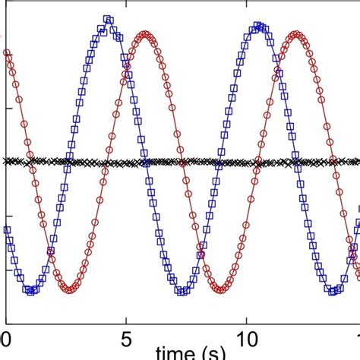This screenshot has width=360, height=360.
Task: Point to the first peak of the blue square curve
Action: [x=108, y=21]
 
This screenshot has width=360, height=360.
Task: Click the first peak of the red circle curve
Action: [x=145, y=34]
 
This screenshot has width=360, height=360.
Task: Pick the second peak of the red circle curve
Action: [x=296, y=34]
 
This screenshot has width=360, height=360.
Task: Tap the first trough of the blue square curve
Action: [x=31, y=290]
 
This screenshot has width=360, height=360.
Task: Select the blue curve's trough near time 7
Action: [x=182, y=290]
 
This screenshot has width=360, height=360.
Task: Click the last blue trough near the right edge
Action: [x=334, y=290]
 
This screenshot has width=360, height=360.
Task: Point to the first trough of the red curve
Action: [x=69, y=289]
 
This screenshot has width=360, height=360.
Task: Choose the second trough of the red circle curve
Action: [x=220, y=289]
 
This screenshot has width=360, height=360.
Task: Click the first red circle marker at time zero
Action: [x=8, y=53]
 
